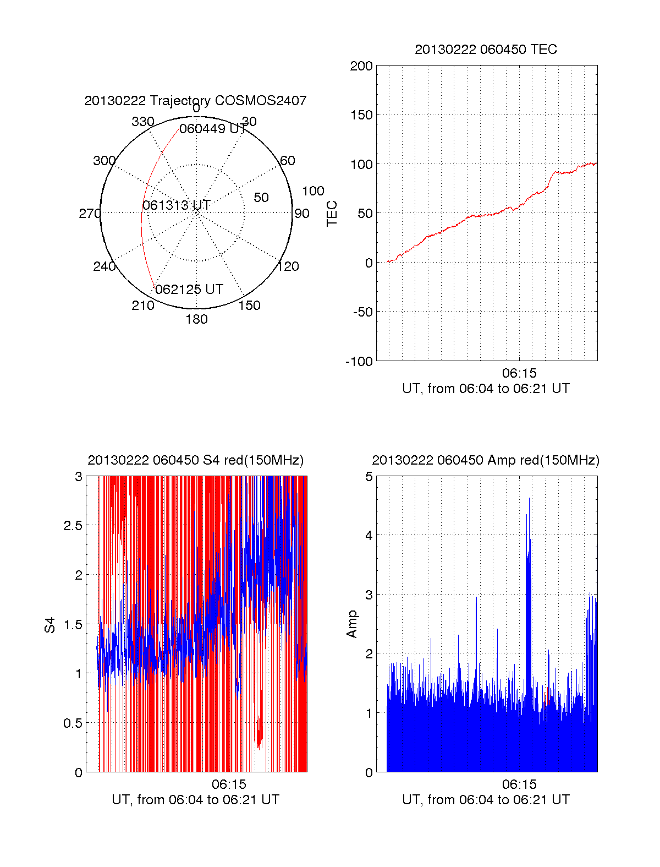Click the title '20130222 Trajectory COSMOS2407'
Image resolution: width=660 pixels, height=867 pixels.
(195, 101)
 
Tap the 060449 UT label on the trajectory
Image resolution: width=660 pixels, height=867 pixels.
(213, 129)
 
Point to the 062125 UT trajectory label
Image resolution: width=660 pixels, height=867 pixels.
(189, 290)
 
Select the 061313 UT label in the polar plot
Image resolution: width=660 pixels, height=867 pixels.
(177, 205)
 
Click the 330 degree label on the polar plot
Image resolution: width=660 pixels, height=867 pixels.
(142, 122)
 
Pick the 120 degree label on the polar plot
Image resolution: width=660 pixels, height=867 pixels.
(288, 266)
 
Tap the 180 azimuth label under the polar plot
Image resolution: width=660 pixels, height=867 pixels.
(196, 319)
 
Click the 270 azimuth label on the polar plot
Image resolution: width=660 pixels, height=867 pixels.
(90, 214)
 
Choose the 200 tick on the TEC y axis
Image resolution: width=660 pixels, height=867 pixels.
(361, 66)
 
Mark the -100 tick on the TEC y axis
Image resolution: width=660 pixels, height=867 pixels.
(359, 362)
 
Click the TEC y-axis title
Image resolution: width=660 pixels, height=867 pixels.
(332, 214)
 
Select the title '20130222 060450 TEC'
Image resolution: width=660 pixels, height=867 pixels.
(486, 50)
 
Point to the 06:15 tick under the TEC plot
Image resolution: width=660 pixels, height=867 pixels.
(519, 373)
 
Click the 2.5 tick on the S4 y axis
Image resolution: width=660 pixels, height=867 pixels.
(73, 526)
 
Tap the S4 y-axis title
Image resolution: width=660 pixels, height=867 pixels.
(50, 625)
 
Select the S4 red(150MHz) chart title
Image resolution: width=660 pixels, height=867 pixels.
(195, 460)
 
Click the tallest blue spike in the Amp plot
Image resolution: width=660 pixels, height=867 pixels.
(529, 499)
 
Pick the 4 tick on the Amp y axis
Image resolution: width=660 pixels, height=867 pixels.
(369, 535)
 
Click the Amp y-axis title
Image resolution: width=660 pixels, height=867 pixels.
(352, 624)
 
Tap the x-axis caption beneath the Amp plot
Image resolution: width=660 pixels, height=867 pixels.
(486, 800)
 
